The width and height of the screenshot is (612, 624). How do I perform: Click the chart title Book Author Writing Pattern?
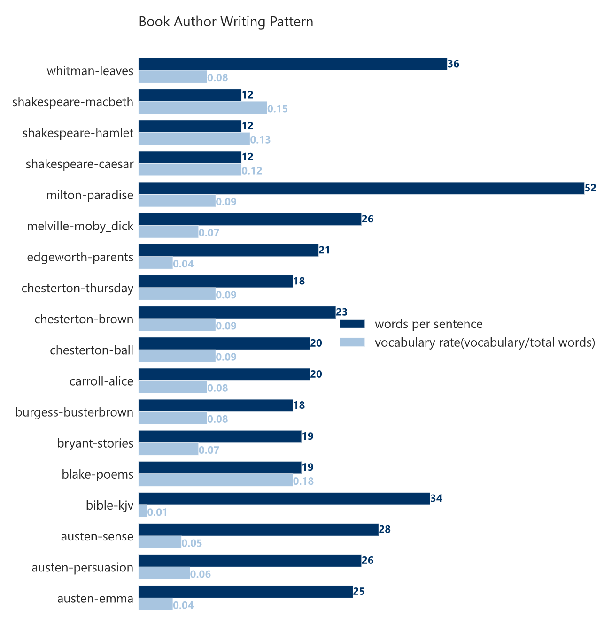pyautogui.click(x=226, y=22)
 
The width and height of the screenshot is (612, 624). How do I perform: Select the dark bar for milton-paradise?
pyautogui.click(x=361, y=188)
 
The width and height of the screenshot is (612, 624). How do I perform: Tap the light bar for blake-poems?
pyautogui.click(x=216, y=480)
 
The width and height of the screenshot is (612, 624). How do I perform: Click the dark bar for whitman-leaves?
pyautogui.click(x=293, y=64)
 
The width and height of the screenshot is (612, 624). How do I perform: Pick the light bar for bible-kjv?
pyautogui.click(x=143, y=511)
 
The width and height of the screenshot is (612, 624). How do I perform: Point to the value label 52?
pyautogui.click(x=590, y=188)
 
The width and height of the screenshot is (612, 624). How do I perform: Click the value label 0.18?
pyautogui.click(x=303, y=481)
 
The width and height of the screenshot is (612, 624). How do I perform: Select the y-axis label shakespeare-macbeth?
pyautogui.click(x=73, y=102)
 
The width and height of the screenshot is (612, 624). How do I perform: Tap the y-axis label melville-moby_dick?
pyautogui.click(x=80, y=226)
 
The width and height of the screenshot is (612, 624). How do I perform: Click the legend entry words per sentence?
pyautogui.click(x=428, y=324)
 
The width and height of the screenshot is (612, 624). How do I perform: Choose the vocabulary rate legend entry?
pyautogui.click(x=485, y=342)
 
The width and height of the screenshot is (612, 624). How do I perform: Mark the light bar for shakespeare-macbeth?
pyautogui.click(x=202, y=107)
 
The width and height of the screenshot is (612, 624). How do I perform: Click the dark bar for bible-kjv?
pyautogui.click(x=284, y=499)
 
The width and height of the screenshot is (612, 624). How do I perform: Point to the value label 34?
pyautogui.click(x=436, y=498)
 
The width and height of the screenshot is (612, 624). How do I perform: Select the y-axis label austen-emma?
pyautogui.click(x=95, y=599)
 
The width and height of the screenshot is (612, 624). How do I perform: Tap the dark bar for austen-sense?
pyautogui.click(x=258, y=530)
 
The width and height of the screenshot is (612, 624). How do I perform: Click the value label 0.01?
pyautogui.click(x=157, y=512)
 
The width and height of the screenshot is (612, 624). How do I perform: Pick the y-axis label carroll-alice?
pyautogui.click(x=101, y=381)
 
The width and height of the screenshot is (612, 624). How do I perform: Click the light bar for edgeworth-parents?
pyautogui.click(x=155, y=263)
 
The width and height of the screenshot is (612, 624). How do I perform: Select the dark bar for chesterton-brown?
pyautogui.click(x=237, y=312)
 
